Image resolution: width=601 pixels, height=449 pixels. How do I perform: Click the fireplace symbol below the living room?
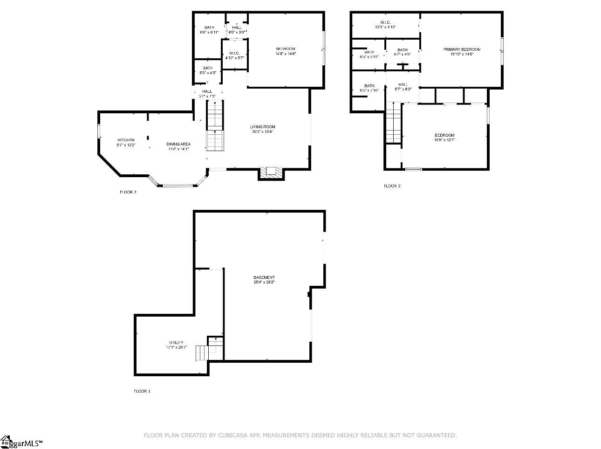click(x=271, y=172)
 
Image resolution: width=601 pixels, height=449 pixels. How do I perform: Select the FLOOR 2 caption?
click(x=128, y=192)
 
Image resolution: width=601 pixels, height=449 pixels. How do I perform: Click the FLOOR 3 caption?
click(x=392, y=186)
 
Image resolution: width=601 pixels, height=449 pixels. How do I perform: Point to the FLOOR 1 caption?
click(x=142, y=391)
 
